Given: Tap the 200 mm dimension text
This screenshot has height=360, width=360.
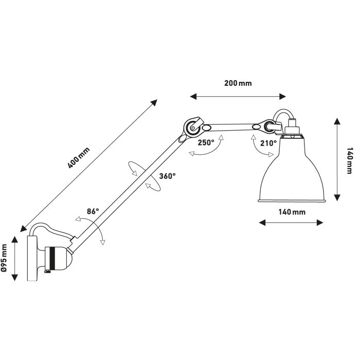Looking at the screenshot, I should pyautogui.click(x=238, y=83).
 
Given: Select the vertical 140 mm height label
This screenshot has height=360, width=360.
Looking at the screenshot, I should pyautogui.click(x=350, y=160).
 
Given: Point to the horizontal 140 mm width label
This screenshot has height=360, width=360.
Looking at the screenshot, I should pyautogui.click(x=292, y=211).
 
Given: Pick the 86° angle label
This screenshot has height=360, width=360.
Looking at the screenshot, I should pyautogui.click(x=93, y=211).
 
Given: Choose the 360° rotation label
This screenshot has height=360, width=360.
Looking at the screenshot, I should pyautogui.click(x=168, y=176).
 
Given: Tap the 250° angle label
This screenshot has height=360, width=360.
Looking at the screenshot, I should pyautogui.click(x=206, y=143).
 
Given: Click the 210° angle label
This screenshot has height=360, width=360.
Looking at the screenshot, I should pyautogui.click(x=268, y=143).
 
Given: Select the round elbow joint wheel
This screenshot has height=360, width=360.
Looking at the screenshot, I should pyautogui.click(x=192, y=125).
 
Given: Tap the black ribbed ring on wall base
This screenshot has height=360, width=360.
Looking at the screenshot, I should pyautogui.click(x=50, y=258).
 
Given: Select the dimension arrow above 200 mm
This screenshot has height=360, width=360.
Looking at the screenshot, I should pyautogui.click(x=238, y=96).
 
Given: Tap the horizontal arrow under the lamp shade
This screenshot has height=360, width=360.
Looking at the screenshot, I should pyautogui.click(x=292, y=223).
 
